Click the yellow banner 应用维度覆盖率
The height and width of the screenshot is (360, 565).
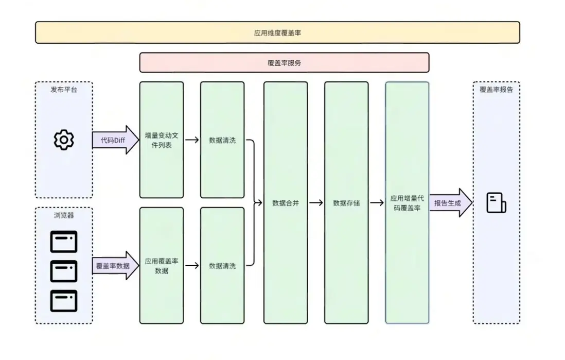pyautogui.click(x=277, y=32)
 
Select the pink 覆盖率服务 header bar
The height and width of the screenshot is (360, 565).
pyautogui.click(x=284, y=62)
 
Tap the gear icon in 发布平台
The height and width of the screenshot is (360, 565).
pyautogui.click(x=64, y=140)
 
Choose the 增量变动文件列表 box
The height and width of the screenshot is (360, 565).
pyautogui.click(x=162, y=140)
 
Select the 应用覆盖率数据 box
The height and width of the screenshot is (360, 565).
pyautogui.click(x=162, y=265)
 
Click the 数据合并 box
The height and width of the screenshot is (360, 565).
pyautogui.click(x=286, y=203)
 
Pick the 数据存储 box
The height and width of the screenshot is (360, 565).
pyautogui.click(x=346, y=203)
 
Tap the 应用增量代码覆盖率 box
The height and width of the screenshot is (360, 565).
pyautogui.click(x=408, y=203)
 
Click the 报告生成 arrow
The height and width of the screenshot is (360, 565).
pyautogui.click(x=450, y=202)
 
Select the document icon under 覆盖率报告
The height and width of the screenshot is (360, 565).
pyautogui.click(x=496, y=203)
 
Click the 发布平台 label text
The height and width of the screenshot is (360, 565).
pyautogui.click(x=64, y=90)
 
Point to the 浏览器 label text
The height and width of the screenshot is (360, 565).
pyautogui.click(x=64, y=215)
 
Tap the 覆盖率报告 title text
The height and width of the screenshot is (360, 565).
pyautogui.click(x=496, y=90)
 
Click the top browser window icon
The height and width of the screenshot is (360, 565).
pyautogui.click(x=64, y=242)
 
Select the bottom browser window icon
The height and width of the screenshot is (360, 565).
pyautogui.click(x=64, y=301)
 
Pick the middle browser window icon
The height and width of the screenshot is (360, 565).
pyautogui.click(x=64, y=271)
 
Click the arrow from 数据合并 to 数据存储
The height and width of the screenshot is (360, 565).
pyautogui.click(x=316, y=203)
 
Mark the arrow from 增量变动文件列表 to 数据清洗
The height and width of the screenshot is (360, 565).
pyautogui.click(x=192, y=140)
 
